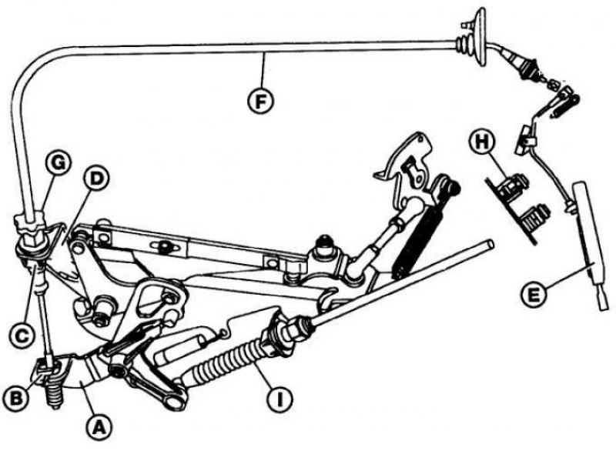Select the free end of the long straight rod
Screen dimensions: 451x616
[x=487, y=247]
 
